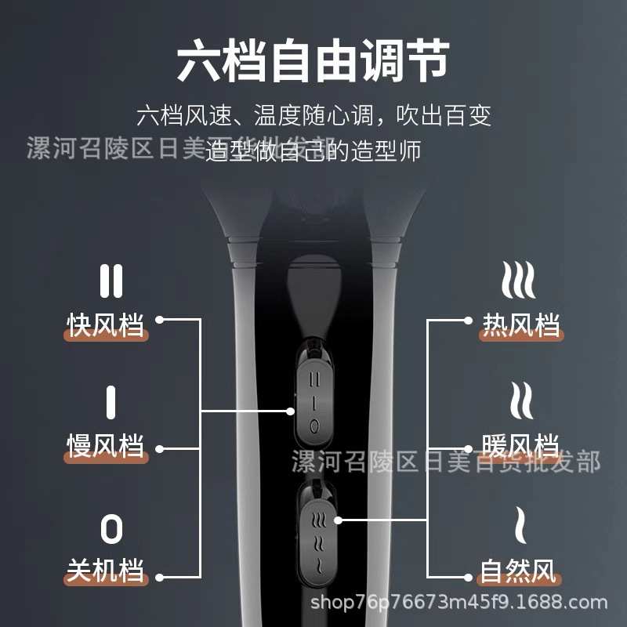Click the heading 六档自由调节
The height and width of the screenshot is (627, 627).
point(313,63)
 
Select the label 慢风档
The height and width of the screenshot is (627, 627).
point(106,446)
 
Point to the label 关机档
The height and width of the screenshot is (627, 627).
point(106,571)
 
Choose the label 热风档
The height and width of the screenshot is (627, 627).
point(521,324)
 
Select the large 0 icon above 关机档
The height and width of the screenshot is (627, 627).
point(111,529)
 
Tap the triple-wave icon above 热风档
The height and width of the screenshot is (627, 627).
point(519,280)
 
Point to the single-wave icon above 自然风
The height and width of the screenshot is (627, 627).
point(520,526)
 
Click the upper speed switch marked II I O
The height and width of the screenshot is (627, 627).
point(313,400)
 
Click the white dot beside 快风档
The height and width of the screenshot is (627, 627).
point(160,320)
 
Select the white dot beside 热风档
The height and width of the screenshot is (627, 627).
point(468,320)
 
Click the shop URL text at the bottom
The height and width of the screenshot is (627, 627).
point(459,603)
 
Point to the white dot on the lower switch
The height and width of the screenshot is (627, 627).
point(339,520)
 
